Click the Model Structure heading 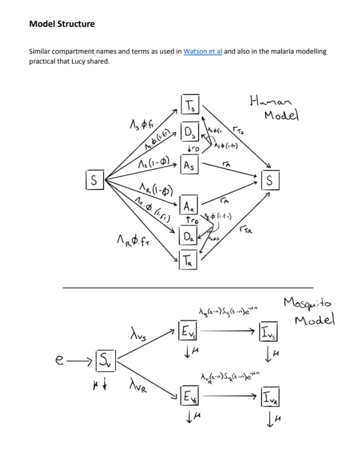pos(62,24)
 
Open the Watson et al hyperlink pos(202,51)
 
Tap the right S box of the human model pos(269,181)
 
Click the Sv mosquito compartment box pos(106,359)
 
